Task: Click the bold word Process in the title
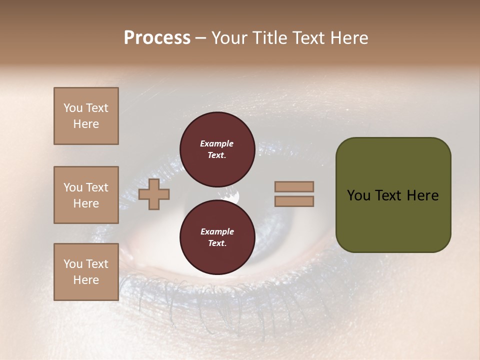157,38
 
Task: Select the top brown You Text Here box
86,116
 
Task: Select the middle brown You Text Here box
86,195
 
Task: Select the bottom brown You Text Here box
86,272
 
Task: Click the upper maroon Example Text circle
217,149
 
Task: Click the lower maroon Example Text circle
217,237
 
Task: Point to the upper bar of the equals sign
294,186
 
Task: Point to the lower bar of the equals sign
294,201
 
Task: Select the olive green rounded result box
393,195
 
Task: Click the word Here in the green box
422,195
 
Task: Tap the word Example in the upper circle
217,143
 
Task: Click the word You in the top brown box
73,108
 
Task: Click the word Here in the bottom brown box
86,280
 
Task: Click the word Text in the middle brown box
96,187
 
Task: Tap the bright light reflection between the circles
232,197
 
